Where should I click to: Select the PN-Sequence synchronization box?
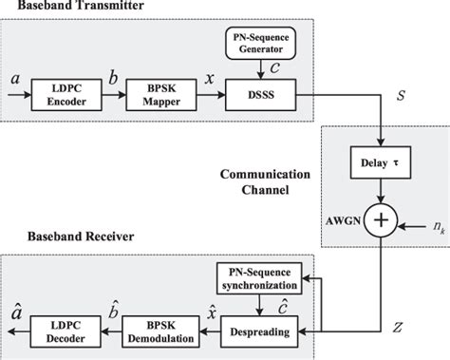click(258, 277)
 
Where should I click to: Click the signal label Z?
click(397, 327)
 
